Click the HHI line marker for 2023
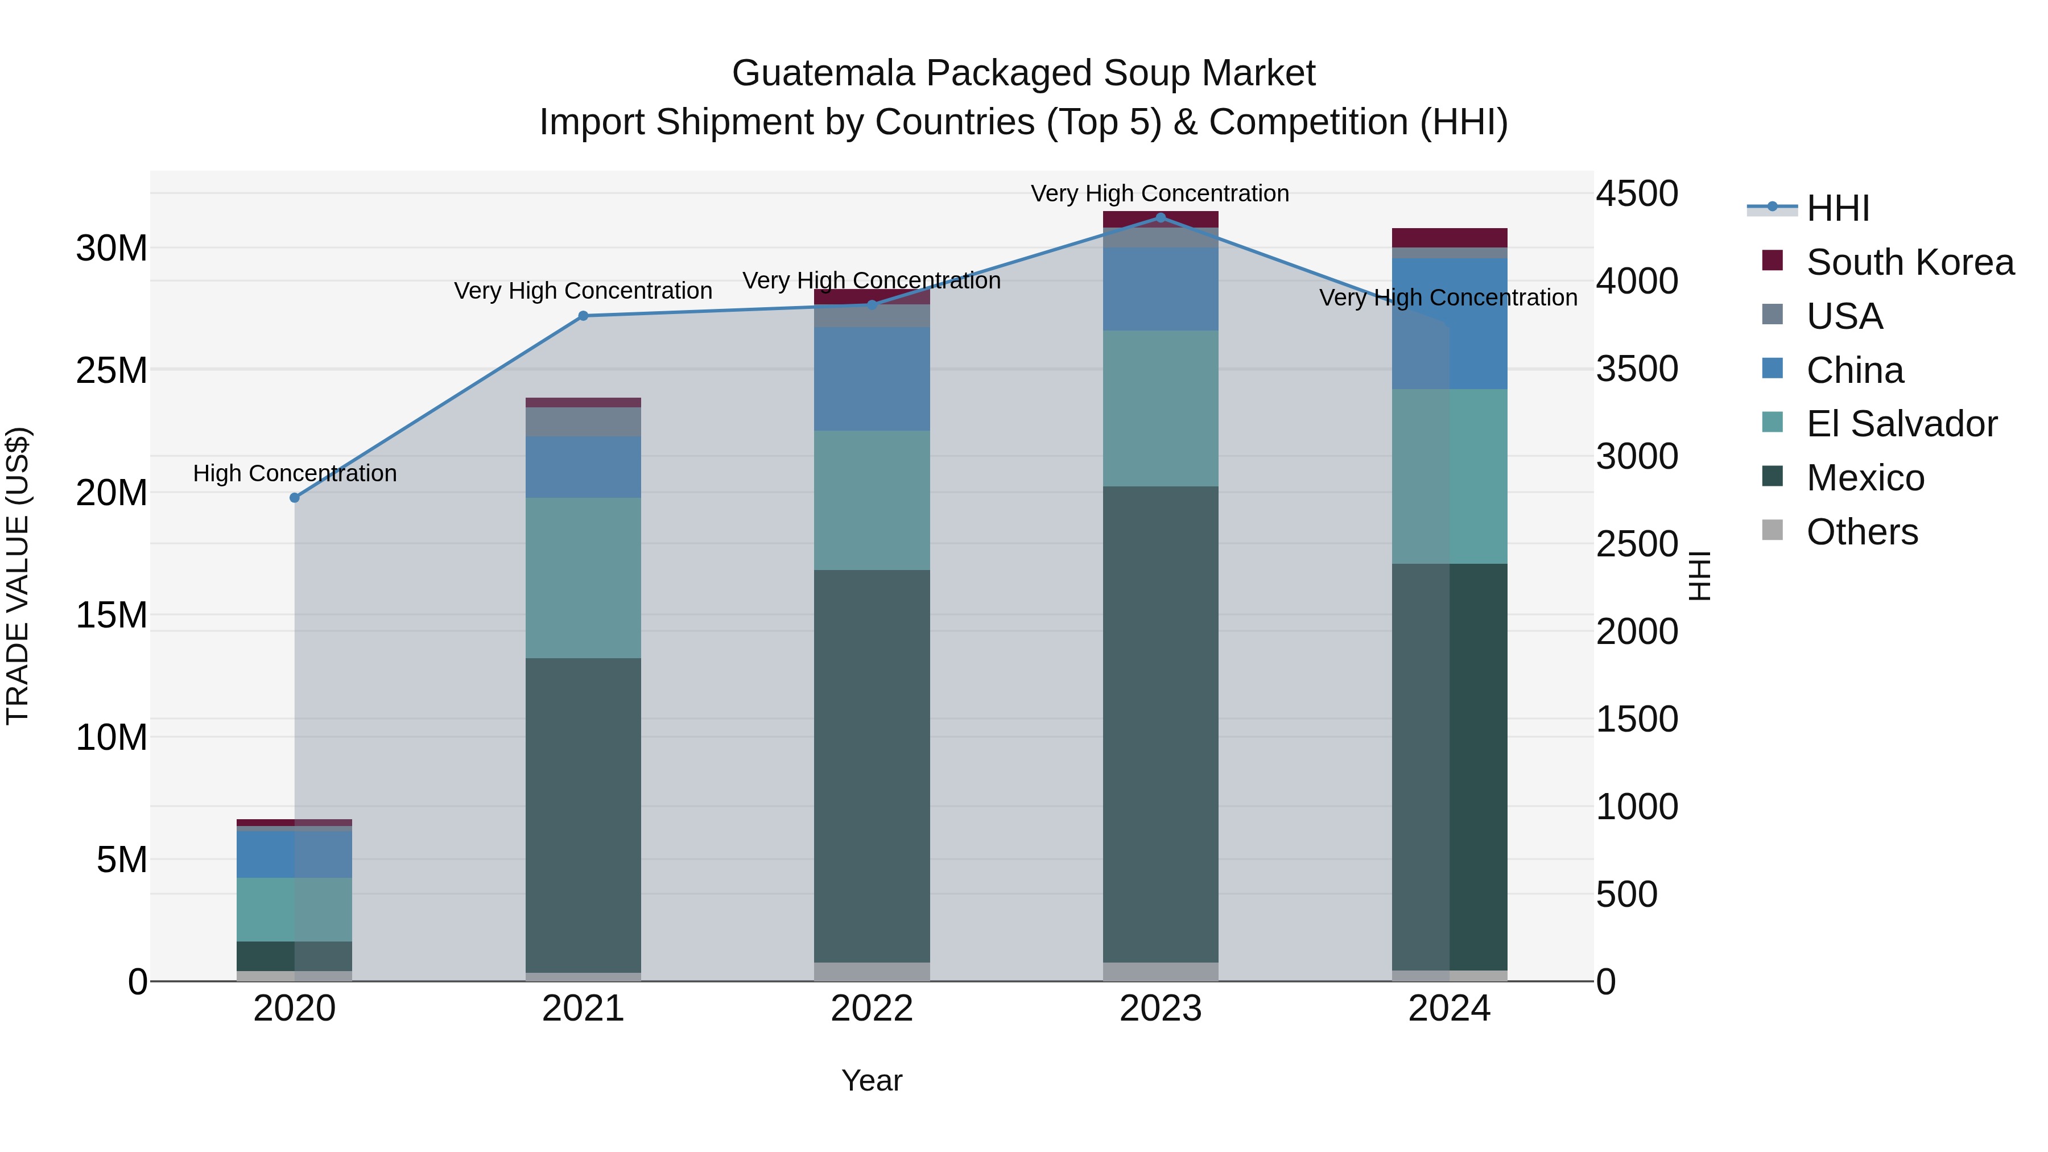click(1160, 218)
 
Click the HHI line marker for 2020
click(294, 498)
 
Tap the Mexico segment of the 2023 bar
click(1160, 724)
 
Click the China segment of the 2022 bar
click(872, 379)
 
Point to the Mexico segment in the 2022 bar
click(872, 766)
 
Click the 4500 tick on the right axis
click(1637, 194)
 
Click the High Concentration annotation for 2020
click(294, 473)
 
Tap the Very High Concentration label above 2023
click(1160, 193)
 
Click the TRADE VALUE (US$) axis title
click(18, 576)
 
